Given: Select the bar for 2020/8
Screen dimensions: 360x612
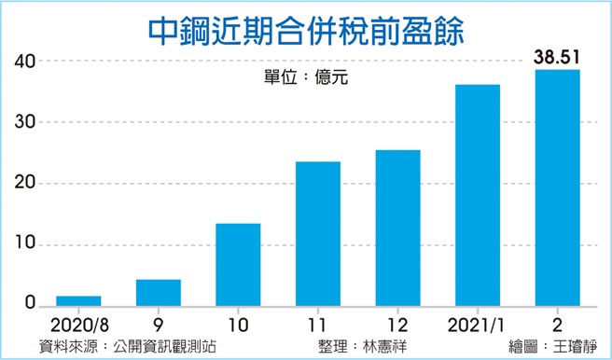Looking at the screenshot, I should click(78, 301).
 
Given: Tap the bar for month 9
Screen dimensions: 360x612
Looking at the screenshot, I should click(158, 293).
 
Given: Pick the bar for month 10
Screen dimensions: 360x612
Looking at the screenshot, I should click(238, 265).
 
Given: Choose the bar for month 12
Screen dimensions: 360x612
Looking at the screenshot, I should click(396, 228).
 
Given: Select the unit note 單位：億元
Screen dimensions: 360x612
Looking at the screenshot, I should click(306, 77).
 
